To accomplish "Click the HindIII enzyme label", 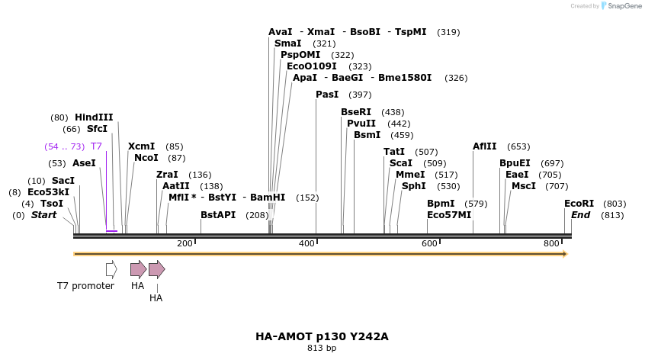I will pyautogui.click(x=94, y=117).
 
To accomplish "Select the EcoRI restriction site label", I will pyautogui.click(x=579, y=204).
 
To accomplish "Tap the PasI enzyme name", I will pyautogui.click(x=327, y=95).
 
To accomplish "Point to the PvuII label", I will pyautogui.click(x=361, y=124).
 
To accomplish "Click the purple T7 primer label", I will pyautogui.click(x=96, y=146).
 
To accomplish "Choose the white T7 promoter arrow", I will pyautogui.click(x=111, y=268).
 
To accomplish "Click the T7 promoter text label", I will pyautogui.click(x=85, y=286).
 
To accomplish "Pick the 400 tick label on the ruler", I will pyautogui.click(x=307, y=243).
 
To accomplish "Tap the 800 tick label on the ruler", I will pyautogui.click(x=551, y=243).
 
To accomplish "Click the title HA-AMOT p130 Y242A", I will pyautogui.click(x=322, y=336).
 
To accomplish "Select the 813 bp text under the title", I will pyautogui.click(x=322, y=349).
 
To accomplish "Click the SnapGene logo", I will pyautogui.click(x=621, y=6).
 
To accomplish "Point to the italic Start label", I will pyautogui.click(x=43, y=215).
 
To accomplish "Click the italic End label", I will pyautogui.click(x=581, y=215).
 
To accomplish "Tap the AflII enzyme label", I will pyautogui.click(x=485, y=146).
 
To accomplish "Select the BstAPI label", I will pyautogui.click(x=218, y=215).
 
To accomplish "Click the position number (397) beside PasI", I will pyautogui.click(x=360, y=95).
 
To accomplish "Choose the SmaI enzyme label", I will pyautogui.click(x=287, y=43).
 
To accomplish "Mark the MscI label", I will pyautogui.click(x=524, y=186).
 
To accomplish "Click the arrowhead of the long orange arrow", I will pyautogui.click(x=565, y=253).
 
